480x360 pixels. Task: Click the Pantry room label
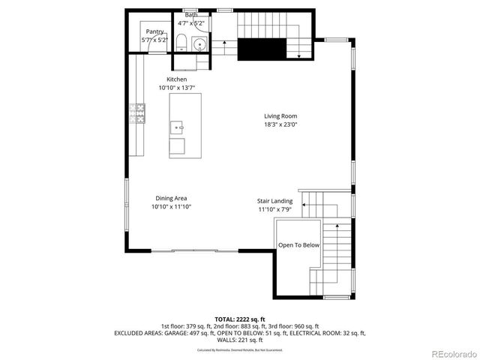[155, 31]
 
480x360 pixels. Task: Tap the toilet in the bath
[182, 40]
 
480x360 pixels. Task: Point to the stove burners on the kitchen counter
[138, 113]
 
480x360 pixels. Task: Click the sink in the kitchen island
[178, 127]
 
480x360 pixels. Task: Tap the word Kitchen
[177, 79]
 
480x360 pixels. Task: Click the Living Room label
[280, 116]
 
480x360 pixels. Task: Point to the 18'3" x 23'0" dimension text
[280, 124]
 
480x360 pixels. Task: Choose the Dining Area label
[171, 198]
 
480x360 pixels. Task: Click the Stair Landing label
[275, 202]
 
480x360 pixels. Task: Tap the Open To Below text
[299, 245]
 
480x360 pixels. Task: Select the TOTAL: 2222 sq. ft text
[240, 319]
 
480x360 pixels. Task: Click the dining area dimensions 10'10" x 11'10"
[171, 206]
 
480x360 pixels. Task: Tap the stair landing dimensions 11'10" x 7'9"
[275, 210]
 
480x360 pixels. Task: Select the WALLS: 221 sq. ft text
[240, 340]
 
